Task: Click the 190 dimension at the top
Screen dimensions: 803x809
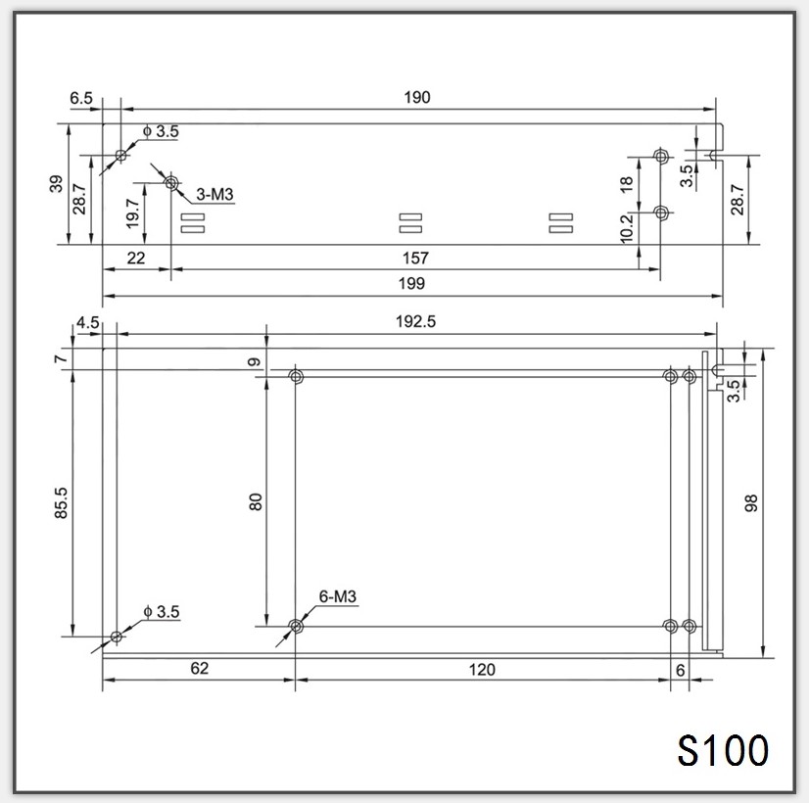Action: (415, 97)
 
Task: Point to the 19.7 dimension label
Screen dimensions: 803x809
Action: (134, 213)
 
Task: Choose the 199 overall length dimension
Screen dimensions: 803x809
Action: (412, 283)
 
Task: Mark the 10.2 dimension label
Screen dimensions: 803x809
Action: (628, 228)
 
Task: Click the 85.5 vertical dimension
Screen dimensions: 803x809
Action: (61, 502)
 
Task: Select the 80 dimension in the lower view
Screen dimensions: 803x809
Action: (256, 500)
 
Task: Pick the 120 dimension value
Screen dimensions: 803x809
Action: (482, 670)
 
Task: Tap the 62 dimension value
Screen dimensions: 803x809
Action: (199, 670)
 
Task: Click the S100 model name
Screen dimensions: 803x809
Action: (723, 751)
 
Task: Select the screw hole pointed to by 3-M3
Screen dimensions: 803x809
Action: (171, 183)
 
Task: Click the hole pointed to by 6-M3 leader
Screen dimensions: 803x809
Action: (296, 625)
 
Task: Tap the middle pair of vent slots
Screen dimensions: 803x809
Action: (410, 223)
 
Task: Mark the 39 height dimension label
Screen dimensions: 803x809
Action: (57, 183)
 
